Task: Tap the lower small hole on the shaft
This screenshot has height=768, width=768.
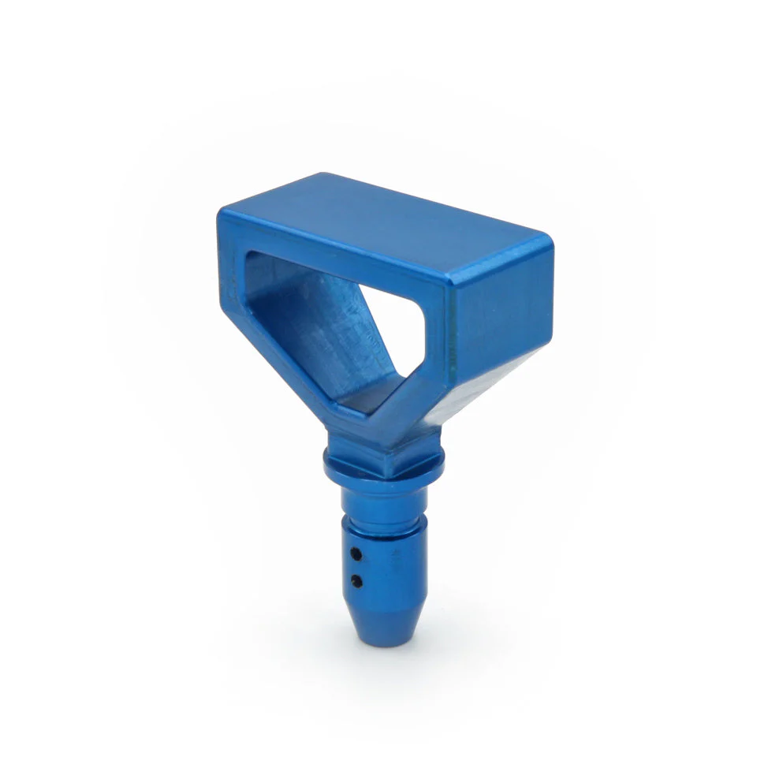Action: [357, 582]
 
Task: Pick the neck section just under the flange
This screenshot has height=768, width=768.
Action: [384, 498]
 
